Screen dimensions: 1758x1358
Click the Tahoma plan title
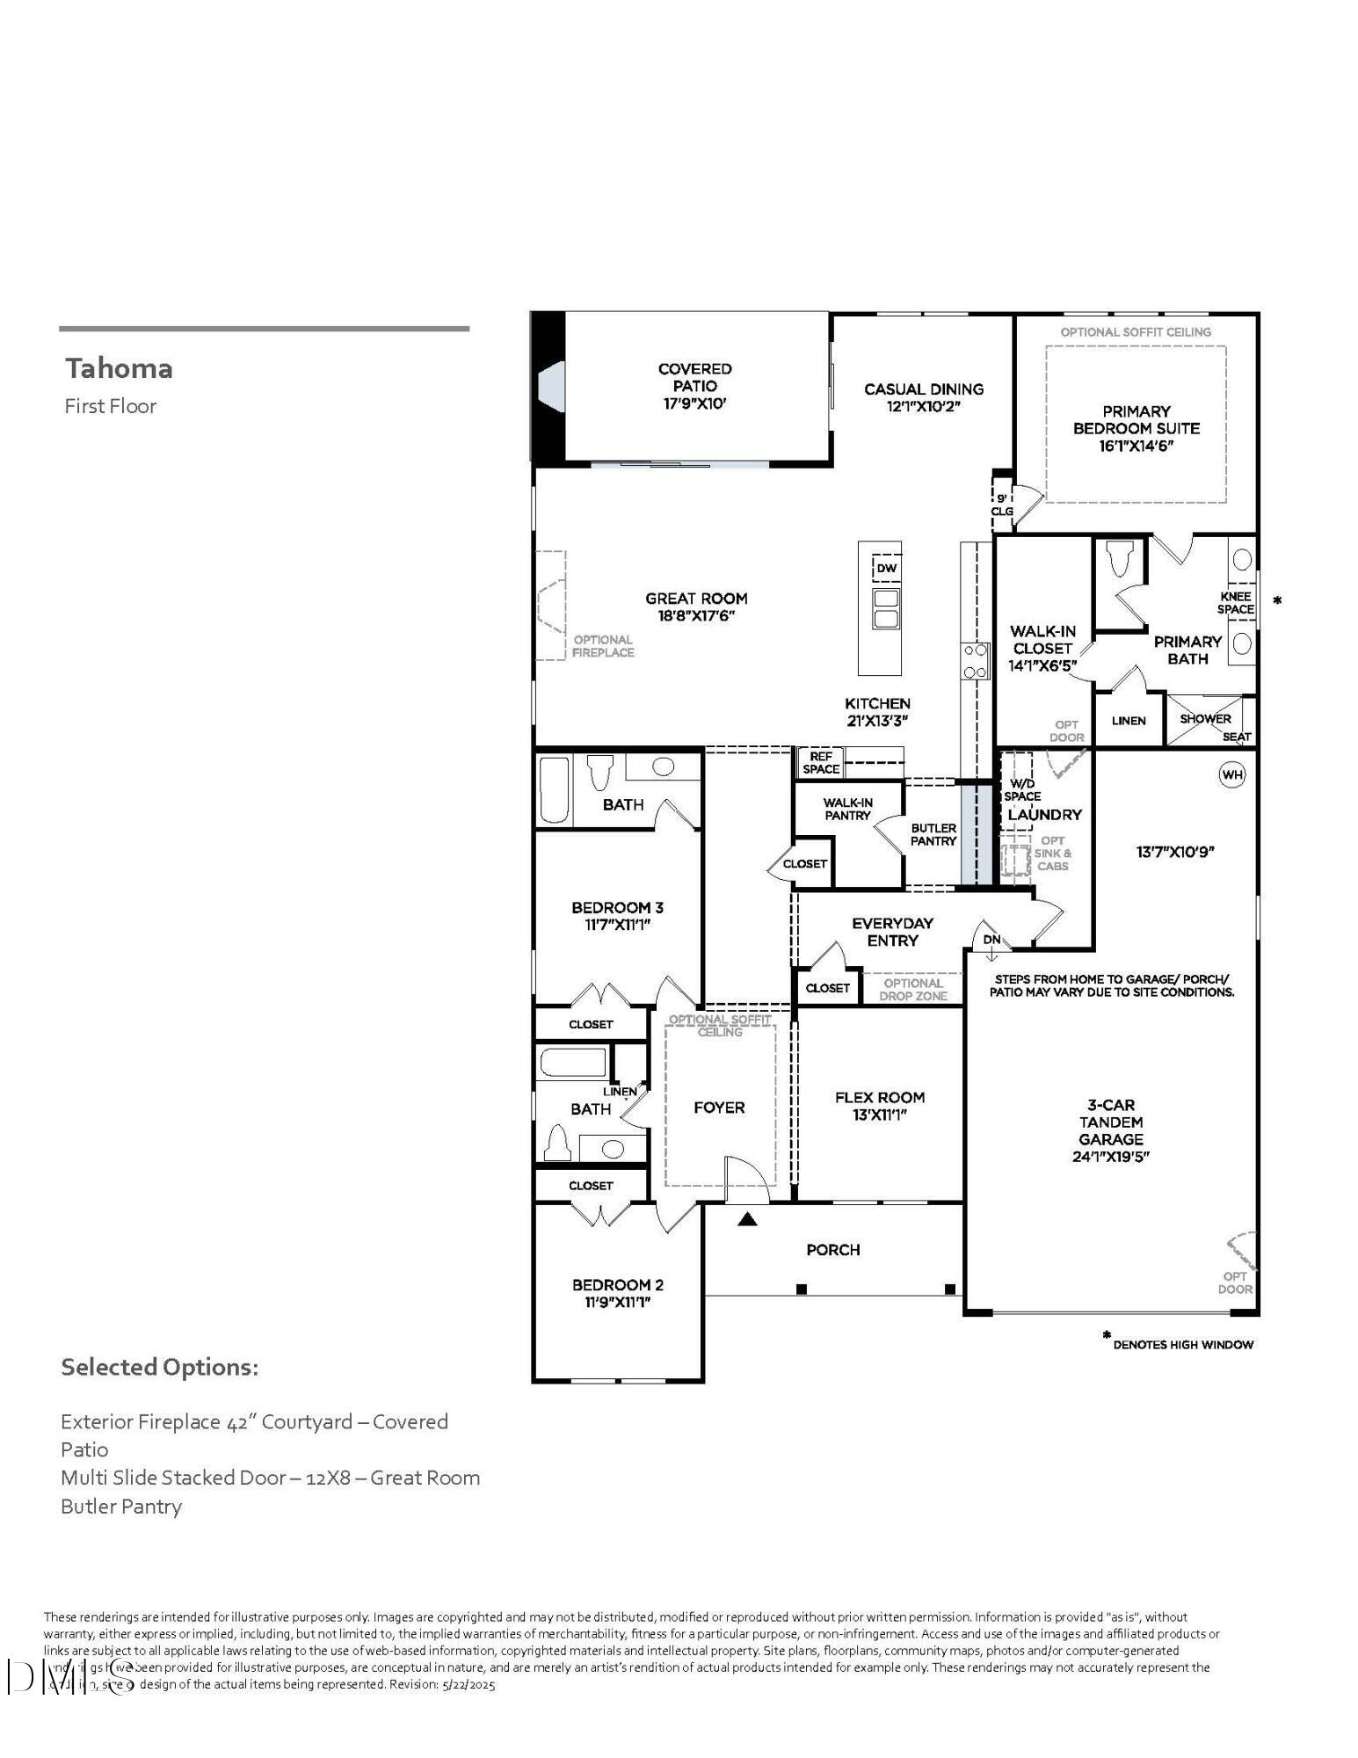pos(119,368)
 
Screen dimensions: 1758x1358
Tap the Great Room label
pos(696,599)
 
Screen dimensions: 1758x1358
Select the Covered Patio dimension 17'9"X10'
pos(694,403)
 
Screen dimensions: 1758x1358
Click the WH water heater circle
pos(1232,774)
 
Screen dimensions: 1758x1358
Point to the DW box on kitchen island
pos(886,568)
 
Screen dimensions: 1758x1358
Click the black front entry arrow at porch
pos(747,1218)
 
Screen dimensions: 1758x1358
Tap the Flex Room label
pos(879,1097)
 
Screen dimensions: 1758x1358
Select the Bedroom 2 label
pos(617,1284)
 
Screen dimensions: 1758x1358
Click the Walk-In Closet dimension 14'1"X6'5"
pos(1042,665)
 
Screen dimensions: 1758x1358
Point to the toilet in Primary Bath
pos(1119,558)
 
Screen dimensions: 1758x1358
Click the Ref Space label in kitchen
pos(820,762)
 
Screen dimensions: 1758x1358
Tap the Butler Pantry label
pos(933,834)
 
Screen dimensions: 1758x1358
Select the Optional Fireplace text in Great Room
pos(603,646)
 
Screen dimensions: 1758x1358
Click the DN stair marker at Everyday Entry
pos(991,940)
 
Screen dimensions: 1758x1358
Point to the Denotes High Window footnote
pos(1181,1344)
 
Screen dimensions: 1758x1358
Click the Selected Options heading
pos(159,1367)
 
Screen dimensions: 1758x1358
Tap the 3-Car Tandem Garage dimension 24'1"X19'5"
pos(1110,1156)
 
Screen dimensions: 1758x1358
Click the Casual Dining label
pos(923,389)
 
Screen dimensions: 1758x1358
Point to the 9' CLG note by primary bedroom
pos(1002,505)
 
